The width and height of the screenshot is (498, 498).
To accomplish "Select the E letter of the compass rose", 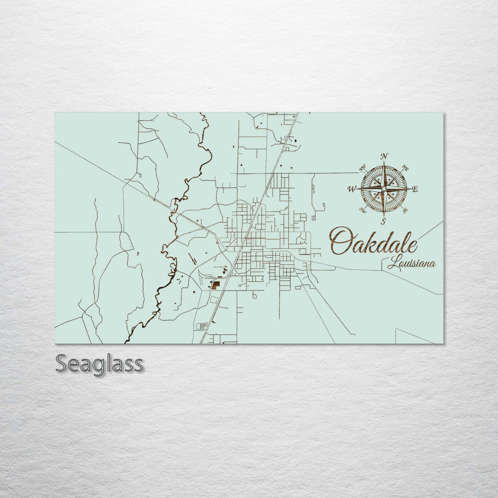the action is tap(415, 189).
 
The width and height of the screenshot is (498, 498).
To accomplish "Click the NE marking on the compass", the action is tap(405, 169).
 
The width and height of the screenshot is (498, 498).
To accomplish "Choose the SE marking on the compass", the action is tap(405, 209).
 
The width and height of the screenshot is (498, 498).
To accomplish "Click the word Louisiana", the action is tap(411, 264).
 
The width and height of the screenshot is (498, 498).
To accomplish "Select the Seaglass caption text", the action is tap(99, 364).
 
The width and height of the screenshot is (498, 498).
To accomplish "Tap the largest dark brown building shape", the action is tap(215, 285).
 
